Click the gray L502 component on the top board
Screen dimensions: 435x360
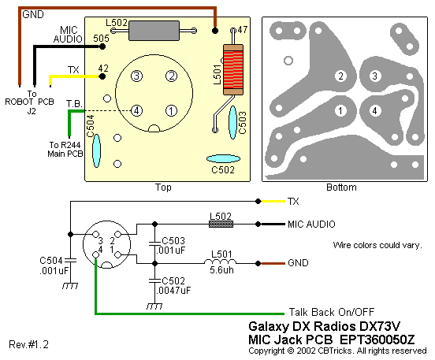[154, 31]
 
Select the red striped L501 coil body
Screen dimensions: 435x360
[233, 70]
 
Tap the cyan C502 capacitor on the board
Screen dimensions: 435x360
[223, 159]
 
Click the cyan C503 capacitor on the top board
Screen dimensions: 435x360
[232, 122]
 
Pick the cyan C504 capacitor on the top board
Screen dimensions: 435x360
[96, 151]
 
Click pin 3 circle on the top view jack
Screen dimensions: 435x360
[136, 76]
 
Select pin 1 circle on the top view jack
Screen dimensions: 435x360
[172, 111]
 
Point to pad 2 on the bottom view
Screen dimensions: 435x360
[340, 76]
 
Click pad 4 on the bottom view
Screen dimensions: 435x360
[375, 111]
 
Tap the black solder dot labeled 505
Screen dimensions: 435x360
[102, 46]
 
